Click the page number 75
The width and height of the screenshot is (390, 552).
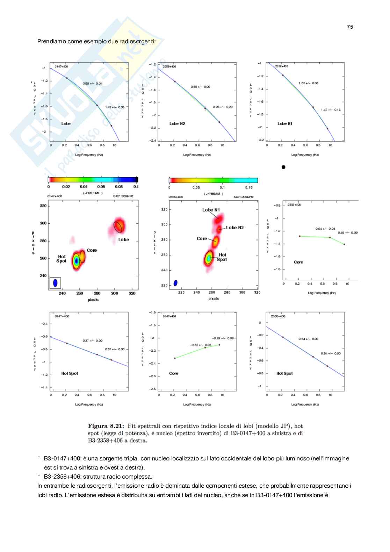point(350,27)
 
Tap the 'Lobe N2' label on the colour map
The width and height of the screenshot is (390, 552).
point(235,228)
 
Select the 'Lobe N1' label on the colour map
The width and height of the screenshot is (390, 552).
point(211,210)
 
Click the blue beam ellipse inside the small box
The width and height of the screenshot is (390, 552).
point(55,283)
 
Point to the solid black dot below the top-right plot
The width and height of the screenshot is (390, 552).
point(283,167)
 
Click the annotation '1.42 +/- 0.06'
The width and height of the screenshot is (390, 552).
point(115,107)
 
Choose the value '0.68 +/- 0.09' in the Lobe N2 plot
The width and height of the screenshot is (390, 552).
point(200,87)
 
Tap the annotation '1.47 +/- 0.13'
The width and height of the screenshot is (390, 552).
point(331,110)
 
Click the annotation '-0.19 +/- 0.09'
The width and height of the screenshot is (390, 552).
point(223,338)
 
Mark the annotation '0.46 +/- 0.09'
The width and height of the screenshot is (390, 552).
point(347,232)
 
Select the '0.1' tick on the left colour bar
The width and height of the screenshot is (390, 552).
point(136,187)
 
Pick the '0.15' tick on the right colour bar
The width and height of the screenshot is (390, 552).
point(249,187)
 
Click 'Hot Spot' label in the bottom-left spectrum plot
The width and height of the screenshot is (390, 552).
point(70,373)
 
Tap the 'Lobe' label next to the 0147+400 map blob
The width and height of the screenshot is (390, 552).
point(124,240)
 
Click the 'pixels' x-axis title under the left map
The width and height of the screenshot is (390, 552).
point(93,300)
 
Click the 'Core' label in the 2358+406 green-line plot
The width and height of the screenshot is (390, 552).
point(298,262)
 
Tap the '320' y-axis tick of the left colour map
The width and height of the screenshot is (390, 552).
point(43,206)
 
